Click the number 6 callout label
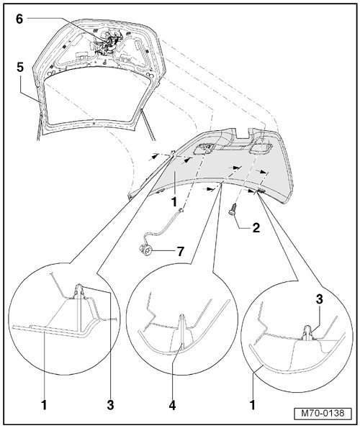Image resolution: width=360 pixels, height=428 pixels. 19,19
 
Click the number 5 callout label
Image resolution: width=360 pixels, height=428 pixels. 20,67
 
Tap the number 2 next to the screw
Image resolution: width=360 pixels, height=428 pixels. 256,228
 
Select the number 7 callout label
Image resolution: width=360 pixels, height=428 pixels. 180,251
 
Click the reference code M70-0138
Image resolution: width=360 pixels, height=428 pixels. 323,413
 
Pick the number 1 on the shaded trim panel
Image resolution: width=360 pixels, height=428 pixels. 174,202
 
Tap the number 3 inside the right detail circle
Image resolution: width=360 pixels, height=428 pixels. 319,299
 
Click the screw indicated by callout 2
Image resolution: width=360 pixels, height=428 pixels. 233,210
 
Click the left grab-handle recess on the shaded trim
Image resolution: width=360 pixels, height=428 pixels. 204,149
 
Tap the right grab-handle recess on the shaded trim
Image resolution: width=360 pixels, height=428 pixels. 260,147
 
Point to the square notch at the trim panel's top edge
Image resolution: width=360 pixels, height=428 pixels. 242,133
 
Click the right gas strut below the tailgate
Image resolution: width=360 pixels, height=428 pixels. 148,124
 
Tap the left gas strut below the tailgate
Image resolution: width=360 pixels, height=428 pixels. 39,126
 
